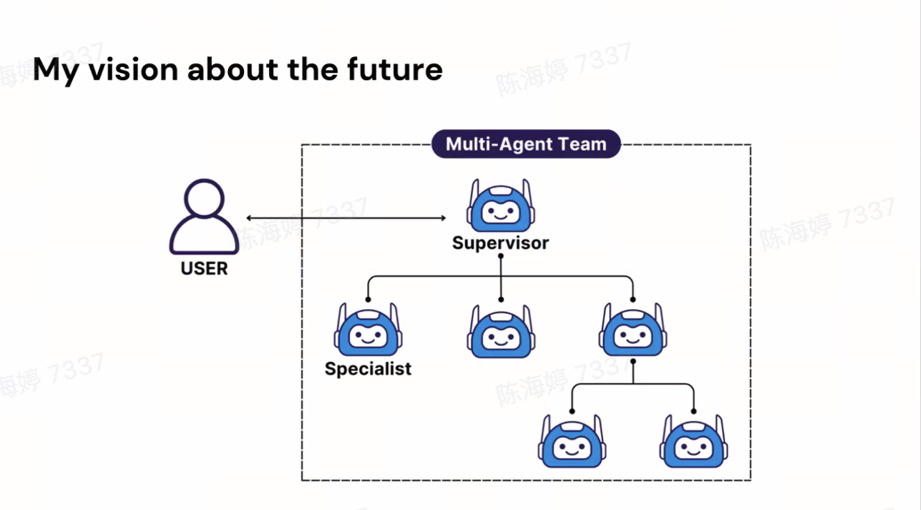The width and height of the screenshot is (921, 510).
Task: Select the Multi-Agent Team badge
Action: [526, 144]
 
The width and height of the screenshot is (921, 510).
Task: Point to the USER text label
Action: [204, 268]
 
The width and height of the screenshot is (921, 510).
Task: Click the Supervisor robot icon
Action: [501, 207]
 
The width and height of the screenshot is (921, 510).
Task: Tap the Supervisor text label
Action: [501, 243]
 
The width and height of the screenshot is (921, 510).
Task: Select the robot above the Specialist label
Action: [367, 331]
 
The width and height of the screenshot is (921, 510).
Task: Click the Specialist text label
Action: [368, 368]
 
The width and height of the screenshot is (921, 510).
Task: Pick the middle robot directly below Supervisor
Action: [501, 331]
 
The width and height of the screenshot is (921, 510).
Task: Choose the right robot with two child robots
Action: [632, 331]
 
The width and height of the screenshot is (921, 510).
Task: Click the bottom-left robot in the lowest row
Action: [571, 440]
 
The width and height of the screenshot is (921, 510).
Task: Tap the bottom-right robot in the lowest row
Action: [694, 440]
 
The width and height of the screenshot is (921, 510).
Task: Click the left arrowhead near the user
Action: [249, 218]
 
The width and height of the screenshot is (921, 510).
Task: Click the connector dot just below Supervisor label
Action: [501, 257]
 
